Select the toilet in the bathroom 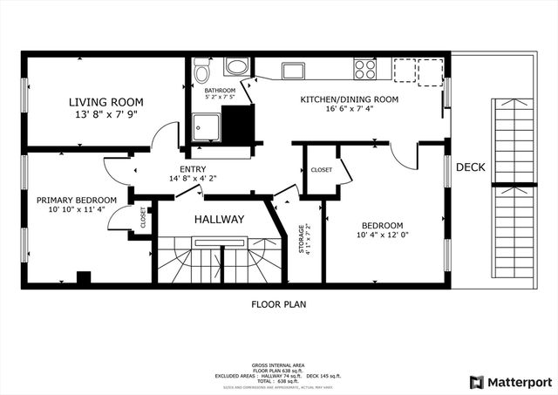click(202, 70)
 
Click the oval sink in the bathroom click(235, 67)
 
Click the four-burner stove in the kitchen click(365, 68)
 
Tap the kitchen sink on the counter click(291, 70)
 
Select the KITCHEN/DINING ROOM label click(349, 99)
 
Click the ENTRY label click(193, 169)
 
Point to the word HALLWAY click(219, 219)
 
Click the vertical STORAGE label click(302, 240)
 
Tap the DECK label click(470, 167)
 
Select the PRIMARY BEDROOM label click(71, 200)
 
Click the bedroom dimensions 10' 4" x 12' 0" click(384, 235)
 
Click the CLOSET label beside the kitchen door click(320, 169)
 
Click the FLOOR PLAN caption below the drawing click(279, 304)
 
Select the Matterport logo click(510, 381)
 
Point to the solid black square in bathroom click(236, 124)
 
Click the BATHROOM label click(220, 90)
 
